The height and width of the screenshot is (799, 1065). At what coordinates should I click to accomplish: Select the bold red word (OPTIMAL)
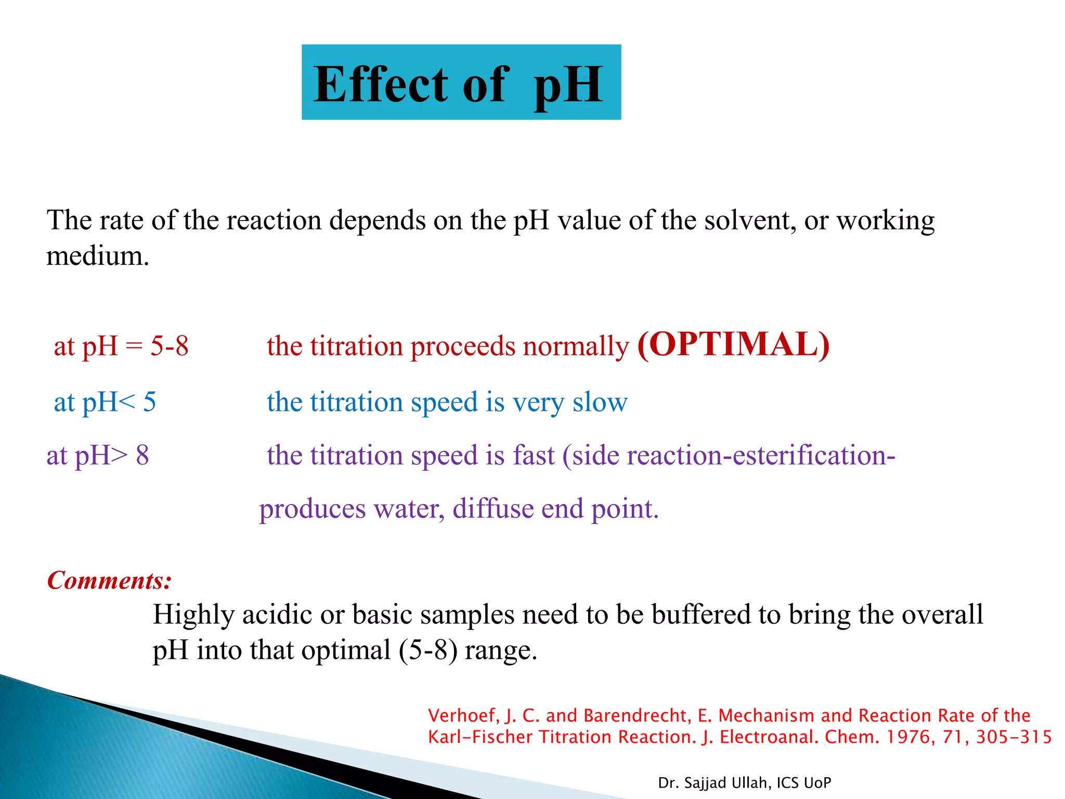[733, 344]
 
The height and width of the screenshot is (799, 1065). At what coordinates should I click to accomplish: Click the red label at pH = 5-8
[121, 346]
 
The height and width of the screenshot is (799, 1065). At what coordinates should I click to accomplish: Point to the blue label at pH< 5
[105, 402]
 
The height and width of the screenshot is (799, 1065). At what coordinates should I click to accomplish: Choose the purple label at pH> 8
[98, 455]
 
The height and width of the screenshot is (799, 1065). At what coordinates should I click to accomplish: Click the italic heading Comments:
[109, 580]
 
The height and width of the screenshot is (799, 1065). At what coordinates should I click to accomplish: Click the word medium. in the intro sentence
[98, 255]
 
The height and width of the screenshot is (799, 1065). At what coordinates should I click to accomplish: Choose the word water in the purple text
[408, 509]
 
